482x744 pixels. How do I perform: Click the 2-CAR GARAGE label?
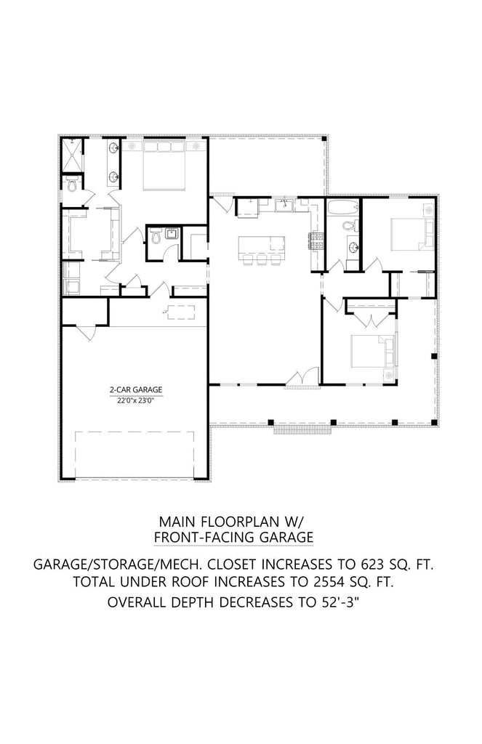[x=136, y=389]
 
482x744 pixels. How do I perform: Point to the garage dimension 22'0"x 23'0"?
[x=136, y=400]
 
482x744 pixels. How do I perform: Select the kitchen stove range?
[x=317, y=241]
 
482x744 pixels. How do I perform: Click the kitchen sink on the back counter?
[x=286, y=205]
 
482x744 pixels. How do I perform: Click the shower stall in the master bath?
[x=72, y=155]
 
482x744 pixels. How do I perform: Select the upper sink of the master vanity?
[x=114, y=148]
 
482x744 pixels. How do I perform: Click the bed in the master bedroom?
[x=164, y=166]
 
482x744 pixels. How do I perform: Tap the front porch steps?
[x=302, y=429]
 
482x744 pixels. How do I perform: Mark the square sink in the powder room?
[x=172, y=234]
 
